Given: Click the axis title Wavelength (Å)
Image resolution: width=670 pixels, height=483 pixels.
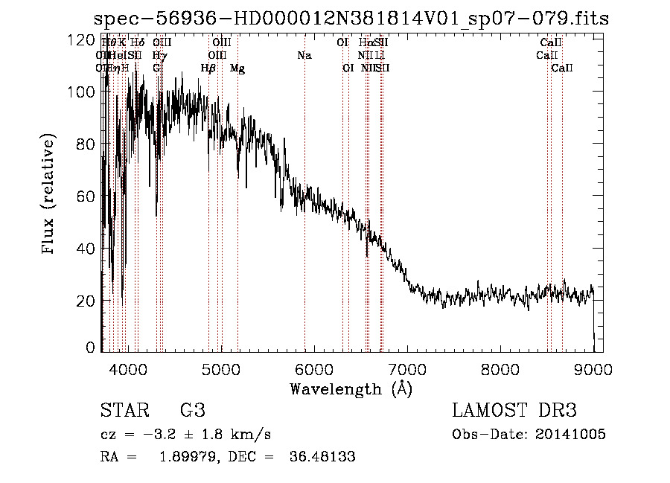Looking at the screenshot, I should click(351, 388).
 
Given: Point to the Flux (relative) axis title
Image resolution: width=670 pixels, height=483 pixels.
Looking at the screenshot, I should click(50, 195).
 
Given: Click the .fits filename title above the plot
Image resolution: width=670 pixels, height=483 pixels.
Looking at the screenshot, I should click(351, 19).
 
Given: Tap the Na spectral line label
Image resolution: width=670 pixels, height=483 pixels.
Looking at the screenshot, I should click(304, 55).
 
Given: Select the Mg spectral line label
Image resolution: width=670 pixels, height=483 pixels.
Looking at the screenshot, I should click(237, 68).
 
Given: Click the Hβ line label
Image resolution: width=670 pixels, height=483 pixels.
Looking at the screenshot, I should click(208, 68).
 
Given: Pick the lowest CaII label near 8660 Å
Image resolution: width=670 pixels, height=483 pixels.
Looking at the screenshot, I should click(562, 68).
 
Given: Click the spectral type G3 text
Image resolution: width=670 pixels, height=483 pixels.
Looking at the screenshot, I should click(192, 410).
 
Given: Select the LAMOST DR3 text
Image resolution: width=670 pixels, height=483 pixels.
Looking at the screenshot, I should click(514, 410).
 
